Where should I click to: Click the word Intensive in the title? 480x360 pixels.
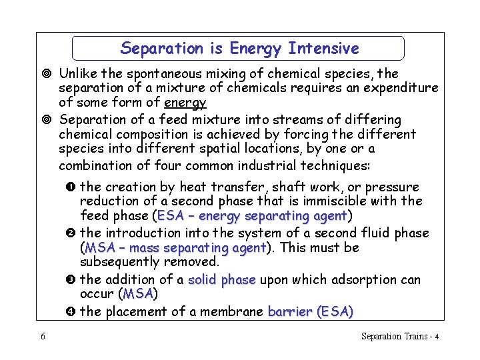[323, 49]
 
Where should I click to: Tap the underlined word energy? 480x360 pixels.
[185, 103]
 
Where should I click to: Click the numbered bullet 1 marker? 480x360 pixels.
[72, 187]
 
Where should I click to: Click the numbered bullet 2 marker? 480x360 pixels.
[72, 233]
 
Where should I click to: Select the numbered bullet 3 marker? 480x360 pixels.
[72, 280]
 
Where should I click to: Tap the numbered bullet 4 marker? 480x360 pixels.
[72, 312]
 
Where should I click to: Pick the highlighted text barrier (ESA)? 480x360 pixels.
[311, 311]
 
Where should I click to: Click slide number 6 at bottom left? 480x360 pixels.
[43, 337]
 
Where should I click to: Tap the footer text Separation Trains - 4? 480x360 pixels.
[399, 337]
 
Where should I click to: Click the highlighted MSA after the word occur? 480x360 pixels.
[137, 294]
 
